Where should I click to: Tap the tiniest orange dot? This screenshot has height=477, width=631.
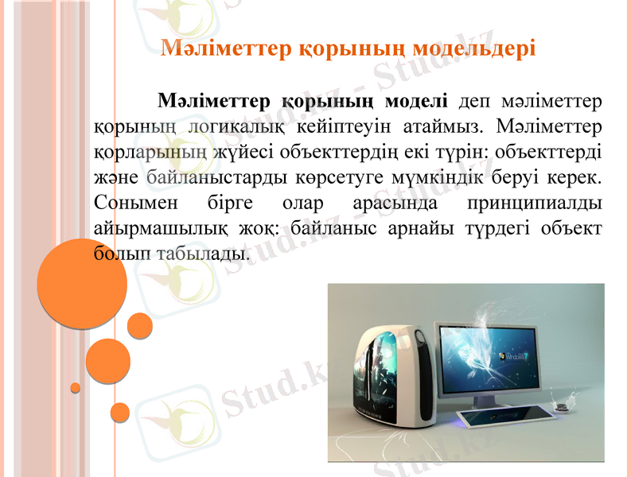pyautogui.click(x=76, y=388)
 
